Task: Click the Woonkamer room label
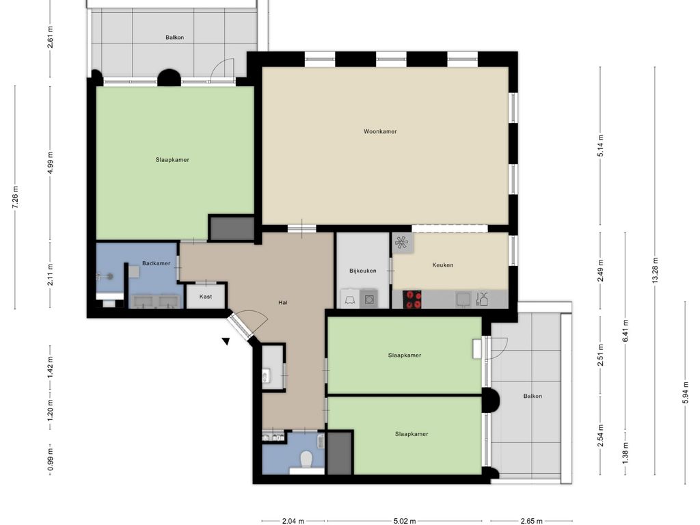[x=380, y=131]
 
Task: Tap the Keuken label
[x=442, y=265]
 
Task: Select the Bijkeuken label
[x=362, y=271]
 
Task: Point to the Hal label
[x=282, y=302]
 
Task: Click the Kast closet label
[x=206, y=297]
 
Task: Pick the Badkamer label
[x=157, y=263]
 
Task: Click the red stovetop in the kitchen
[x=412, y=299]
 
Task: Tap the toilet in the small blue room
[x=306, y=459]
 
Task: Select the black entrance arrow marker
[x=226, y=342]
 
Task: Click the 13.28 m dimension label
[x=655, y=270]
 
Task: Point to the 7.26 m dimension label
[x=15, y=198]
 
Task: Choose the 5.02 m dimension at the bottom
[x=405, y=520]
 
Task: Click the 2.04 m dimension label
[x=293, y=520]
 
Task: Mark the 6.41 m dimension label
[x=625, y=331]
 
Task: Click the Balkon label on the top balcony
[x=174, y=38]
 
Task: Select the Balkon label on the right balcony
[x=533, y=396]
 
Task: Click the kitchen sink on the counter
[x=463, y=299]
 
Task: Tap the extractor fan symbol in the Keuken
[x=401, y=243]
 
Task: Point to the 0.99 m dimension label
[x=51, y=459]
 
